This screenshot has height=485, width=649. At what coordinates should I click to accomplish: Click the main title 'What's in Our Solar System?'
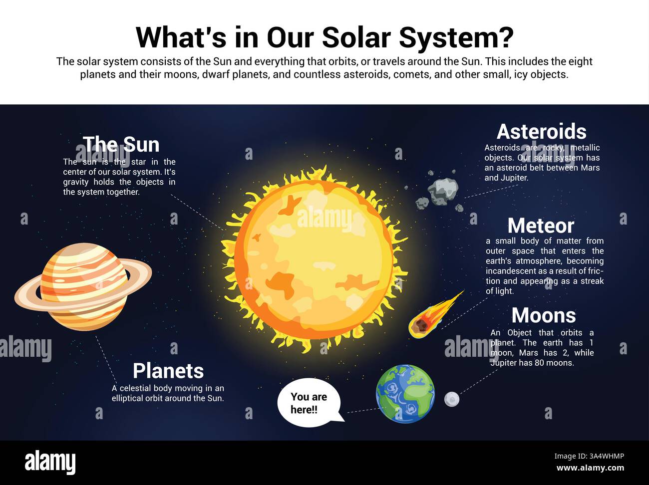pyautogui.click(x=324, y=37)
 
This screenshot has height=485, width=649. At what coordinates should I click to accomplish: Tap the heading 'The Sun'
pyautogui.click(x=121, y=145)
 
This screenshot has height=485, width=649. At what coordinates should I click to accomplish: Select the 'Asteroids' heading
pyautogui.click(x=542, y=132)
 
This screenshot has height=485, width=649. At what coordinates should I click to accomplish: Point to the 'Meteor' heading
pyautogui.click(x=541, y=226)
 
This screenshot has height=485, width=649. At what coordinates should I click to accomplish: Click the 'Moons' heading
pyautogui.click(x=544, y=316)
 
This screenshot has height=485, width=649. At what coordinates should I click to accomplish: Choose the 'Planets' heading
pyautogui.click(x=168, y=371)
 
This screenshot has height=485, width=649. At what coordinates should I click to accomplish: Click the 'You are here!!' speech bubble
pyautogui.click(x=309, y=403)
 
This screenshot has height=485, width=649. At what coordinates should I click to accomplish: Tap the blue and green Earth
pyautogui.click(x=405, y=394)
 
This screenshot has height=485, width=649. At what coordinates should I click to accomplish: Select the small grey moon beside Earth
pyautogui.click(x=451, y=399)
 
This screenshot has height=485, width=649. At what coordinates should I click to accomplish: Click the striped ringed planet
pyautogui.click(x=83, y=286)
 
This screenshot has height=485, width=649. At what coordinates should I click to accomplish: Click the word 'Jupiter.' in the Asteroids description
pyautogui.click(x=514, y=178)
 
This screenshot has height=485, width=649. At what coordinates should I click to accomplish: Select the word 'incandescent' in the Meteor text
pyautogui.click(x=511, y=271)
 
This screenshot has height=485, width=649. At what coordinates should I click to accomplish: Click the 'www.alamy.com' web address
pyautogui.click(x=590, y=468)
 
